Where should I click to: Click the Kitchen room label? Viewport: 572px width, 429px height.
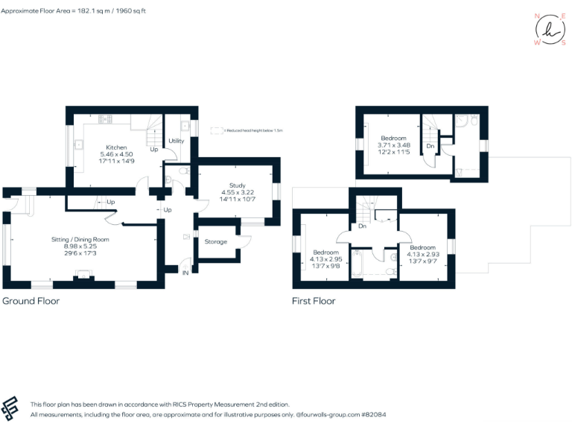click(x=116, y=147)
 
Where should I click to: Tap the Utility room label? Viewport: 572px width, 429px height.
click(x=177, y=141)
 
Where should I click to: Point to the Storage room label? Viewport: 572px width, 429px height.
click(x=216, y=241)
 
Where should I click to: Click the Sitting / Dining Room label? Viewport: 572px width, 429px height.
click(x=80, y=239)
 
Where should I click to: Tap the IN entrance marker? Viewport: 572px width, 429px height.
click(x=185, y=273)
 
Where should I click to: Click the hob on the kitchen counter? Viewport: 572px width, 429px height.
click(x=103, y=118)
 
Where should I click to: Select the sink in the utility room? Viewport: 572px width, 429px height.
click(x=184, y=126)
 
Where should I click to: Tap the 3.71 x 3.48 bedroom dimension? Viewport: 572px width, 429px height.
click(x=393, y=146)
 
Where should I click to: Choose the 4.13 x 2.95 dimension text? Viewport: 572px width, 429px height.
click(x=325, y=259)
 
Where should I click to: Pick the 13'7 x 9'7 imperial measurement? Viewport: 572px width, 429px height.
click(x=422, y=261)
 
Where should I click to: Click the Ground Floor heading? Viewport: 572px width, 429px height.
click(x=31, y=302)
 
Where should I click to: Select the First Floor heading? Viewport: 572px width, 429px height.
click(x=314, y=302)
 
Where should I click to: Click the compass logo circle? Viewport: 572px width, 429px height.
click(x=550, y=30)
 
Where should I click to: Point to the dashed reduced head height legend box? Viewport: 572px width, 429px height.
click(x=217, y=130)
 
